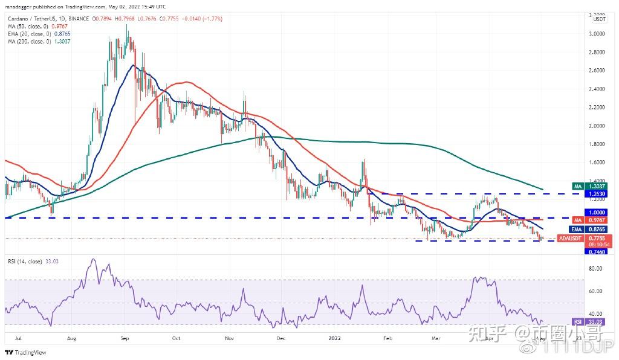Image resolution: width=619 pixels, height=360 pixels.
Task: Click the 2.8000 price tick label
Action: (x=598, y=52)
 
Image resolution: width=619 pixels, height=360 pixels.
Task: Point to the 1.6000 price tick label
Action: (x=598, y=162)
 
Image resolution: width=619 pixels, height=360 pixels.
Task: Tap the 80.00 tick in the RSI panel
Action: (x=597, y=268)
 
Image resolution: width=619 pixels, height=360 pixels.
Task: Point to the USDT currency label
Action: (x=599, y=19)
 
